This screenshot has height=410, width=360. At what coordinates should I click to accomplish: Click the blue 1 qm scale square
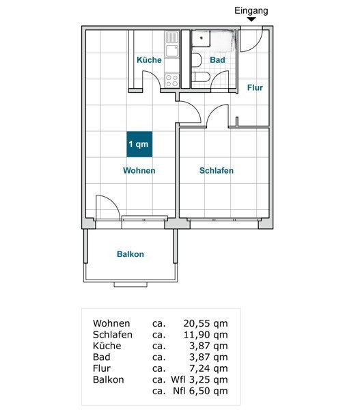coord(139,144)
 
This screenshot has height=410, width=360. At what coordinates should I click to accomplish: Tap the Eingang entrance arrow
coord(251,20)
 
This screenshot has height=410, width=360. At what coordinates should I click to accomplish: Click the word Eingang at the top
coord(251,10)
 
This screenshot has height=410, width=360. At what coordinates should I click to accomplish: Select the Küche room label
coord(149,60)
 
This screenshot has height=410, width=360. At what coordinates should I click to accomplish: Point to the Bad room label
coord(217,60)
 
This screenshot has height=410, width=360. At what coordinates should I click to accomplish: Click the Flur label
coord(254,87)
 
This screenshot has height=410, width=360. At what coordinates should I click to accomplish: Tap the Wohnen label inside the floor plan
coord(139,170)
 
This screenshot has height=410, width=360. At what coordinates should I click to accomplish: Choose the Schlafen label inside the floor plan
coord(217,170)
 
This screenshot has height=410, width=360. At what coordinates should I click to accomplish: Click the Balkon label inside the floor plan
coord(130,254)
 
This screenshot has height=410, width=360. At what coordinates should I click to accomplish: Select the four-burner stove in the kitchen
coord(172,80)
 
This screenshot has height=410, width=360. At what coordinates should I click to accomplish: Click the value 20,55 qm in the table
coord(206,324)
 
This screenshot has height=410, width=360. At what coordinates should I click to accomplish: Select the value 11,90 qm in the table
coord(206,335)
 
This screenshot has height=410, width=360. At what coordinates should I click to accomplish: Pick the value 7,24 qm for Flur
coord(208,368)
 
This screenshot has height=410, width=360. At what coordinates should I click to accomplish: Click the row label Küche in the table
coord(107,346)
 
